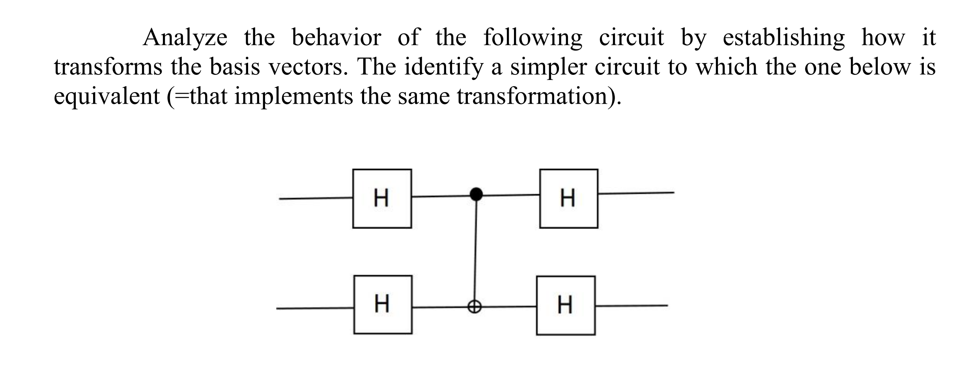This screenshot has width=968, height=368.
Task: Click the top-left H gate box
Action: pos(382,199)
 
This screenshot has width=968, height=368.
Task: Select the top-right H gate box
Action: pos(568,199)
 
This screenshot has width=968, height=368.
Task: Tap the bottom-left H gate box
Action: pos(383,305)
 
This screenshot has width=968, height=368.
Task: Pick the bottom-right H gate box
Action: pos(566,305)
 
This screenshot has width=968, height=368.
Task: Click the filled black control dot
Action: pos(477,194)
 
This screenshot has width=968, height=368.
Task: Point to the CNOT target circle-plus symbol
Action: pos(475,306)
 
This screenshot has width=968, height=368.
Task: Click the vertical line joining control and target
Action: pos(475,252)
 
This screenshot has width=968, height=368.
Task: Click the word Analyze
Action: pos(185,38)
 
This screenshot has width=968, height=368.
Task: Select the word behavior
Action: pos(336,38)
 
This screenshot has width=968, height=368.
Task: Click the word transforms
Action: pos(108,67)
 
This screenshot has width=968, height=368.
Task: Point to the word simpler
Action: pos(545,67)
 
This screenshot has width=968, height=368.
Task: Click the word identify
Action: pos(443,67)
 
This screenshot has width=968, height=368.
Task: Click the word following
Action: pos(533,38)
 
